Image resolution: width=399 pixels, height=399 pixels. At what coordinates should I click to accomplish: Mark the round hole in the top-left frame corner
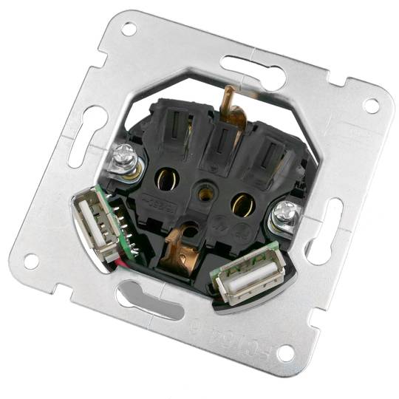coord(129,29)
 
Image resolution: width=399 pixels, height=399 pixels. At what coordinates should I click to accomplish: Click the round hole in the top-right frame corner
coord(370,105)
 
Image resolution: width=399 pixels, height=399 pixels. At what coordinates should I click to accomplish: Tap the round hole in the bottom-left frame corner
coord(30,260)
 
